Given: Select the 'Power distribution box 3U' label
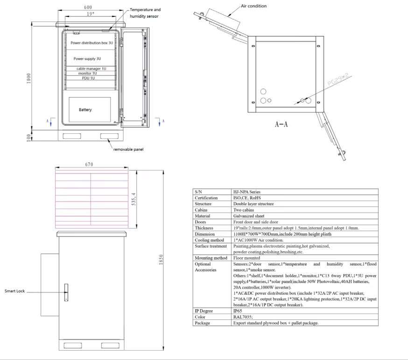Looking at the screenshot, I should click(91, 42).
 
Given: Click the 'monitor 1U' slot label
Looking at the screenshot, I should click(88, 73).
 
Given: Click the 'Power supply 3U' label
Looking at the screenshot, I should click(87, 59).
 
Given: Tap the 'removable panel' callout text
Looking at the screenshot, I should click(128, 149).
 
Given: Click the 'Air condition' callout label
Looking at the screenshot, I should click(254, 6).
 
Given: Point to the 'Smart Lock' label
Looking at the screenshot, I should click(14, 291).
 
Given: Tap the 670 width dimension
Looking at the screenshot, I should click(90, 164).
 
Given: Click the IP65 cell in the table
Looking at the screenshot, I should click(238, 310).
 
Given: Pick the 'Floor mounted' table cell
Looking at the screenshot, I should click(247, 257).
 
